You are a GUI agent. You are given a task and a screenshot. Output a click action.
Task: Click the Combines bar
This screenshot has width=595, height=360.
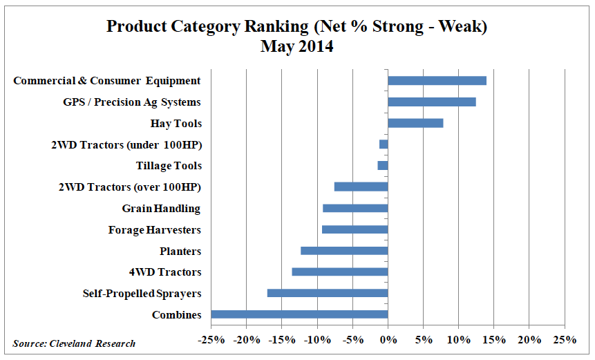point(299,314)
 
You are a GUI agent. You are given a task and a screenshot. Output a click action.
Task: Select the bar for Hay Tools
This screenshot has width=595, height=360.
point(415,123)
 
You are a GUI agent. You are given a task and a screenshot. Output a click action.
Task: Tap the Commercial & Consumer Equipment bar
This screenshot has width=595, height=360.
point(437,80)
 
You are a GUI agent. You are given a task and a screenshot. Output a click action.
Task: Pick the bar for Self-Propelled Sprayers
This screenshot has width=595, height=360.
point(328,293)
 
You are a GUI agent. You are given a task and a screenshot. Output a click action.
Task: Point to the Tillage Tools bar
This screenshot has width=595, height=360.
point(383,166)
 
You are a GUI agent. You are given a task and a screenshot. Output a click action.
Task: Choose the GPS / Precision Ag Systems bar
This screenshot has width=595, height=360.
point(432,102)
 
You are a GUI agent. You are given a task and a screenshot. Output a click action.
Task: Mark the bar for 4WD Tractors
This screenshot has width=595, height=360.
point(340,272)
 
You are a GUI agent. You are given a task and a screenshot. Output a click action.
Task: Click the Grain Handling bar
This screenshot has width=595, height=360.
point(355,208)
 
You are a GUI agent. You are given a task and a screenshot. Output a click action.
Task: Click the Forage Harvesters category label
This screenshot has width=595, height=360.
point(155,229)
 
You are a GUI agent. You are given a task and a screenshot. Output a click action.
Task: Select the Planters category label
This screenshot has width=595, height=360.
point(180,251)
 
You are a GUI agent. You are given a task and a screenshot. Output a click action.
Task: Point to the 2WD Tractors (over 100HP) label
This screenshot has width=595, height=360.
point(131,187)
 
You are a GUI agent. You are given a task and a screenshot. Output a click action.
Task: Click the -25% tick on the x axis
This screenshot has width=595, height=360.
point(211,340)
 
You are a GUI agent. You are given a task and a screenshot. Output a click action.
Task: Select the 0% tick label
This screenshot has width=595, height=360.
point(388,340)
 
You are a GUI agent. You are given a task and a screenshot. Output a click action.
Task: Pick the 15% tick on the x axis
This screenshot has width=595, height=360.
point(493,340)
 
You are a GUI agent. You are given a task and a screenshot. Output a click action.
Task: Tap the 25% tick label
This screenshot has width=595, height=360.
point(565,340)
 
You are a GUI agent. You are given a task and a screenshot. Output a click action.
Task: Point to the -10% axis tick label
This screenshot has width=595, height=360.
point(317,340)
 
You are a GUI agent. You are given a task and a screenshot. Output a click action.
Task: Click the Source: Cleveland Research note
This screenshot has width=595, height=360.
point(74,343)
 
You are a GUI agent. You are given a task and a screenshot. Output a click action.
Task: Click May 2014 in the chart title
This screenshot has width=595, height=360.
point(296,47)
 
